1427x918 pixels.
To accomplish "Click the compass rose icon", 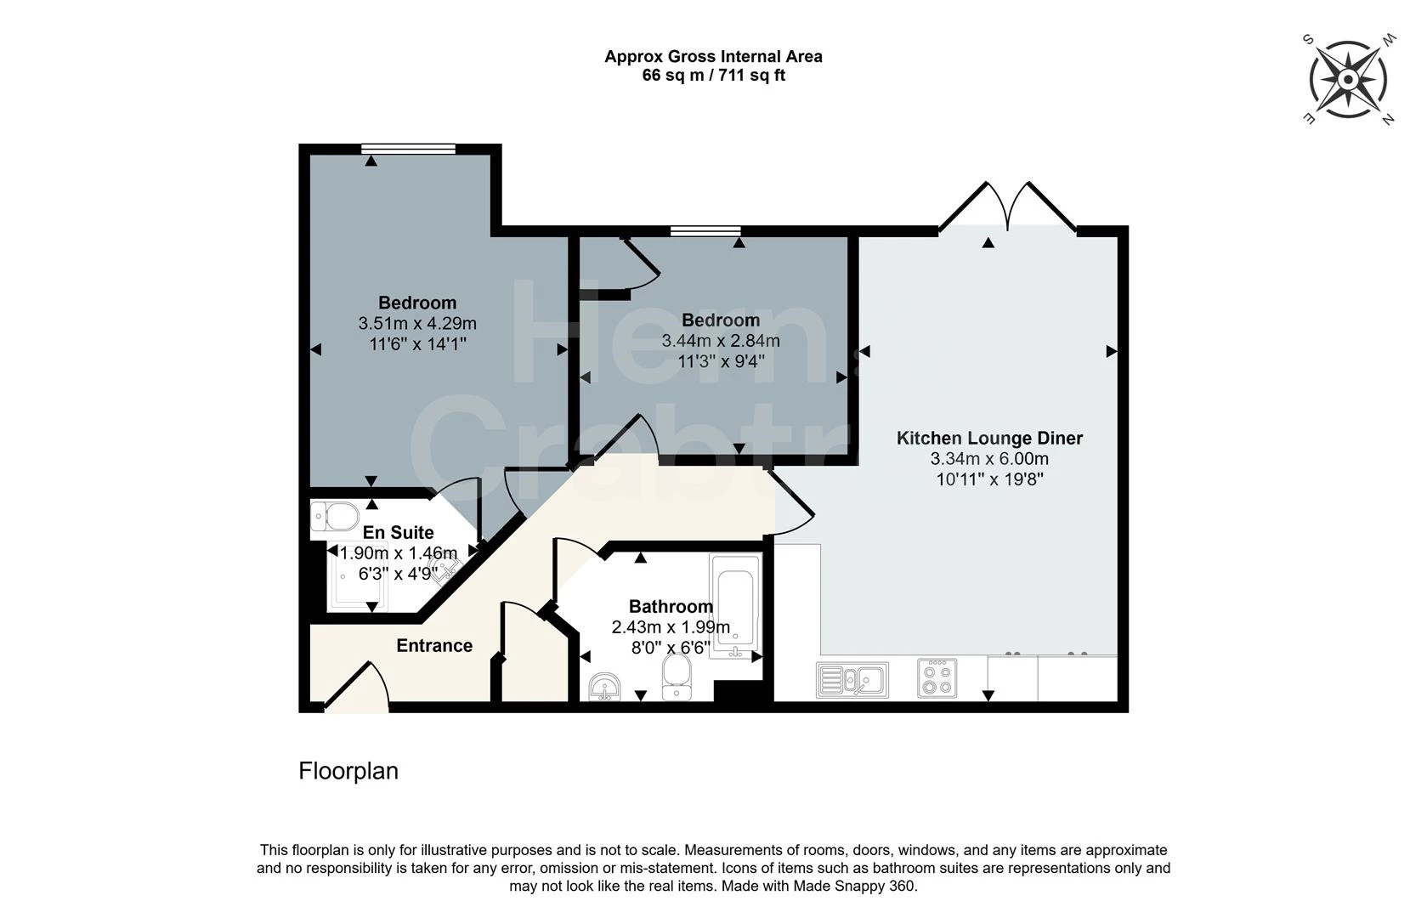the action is click(1348, 80).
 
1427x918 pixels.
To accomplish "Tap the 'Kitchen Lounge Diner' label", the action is click(989, 439).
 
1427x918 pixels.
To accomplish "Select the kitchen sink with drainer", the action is click(852, 679).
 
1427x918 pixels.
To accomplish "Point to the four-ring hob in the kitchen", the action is click(937, 677).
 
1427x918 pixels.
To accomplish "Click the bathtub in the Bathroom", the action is click(735, 606).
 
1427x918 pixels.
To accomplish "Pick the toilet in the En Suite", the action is click(335, 516).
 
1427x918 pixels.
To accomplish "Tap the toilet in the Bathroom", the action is click(676, 677).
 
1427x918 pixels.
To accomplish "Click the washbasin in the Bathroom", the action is click(604, 687).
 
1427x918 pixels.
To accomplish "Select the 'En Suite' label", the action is click(398, 533).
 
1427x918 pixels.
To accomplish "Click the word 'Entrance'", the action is click(434, 646).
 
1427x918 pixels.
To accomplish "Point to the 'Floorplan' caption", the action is click(348, 771).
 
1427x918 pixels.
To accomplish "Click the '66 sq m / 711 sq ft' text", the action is click(714, 75).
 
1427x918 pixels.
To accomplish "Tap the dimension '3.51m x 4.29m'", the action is click(417, 324).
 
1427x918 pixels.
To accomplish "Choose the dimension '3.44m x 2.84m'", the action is click(721, 341).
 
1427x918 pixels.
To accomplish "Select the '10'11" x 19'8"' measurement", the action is click(990, 479).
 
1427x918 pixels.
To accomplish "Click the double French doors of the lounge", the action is click(1007, 207).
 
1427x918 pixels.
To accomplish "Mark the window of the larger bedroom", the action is click(408, 149).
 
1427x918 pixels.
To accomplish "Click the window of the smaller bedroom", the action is click(706, 230).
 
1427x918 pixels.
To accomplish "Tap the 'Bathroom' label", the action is click(671, 607).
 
